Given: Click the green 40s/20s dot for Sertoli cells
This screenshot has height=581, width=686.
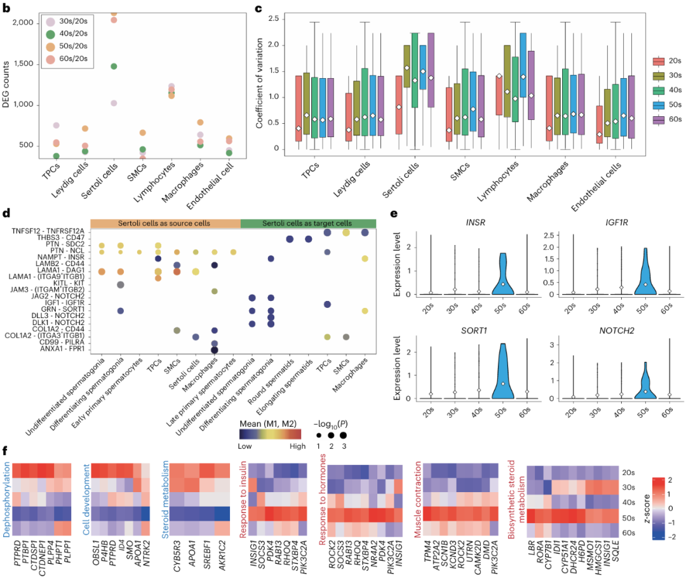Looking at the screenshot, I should point(114,66).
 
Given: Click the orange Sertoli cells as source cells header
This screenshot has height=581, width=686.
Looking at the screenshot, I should point(166,223).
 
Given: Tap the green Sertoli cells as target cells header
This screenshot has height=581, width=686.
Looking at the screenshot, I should point(309,223).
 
